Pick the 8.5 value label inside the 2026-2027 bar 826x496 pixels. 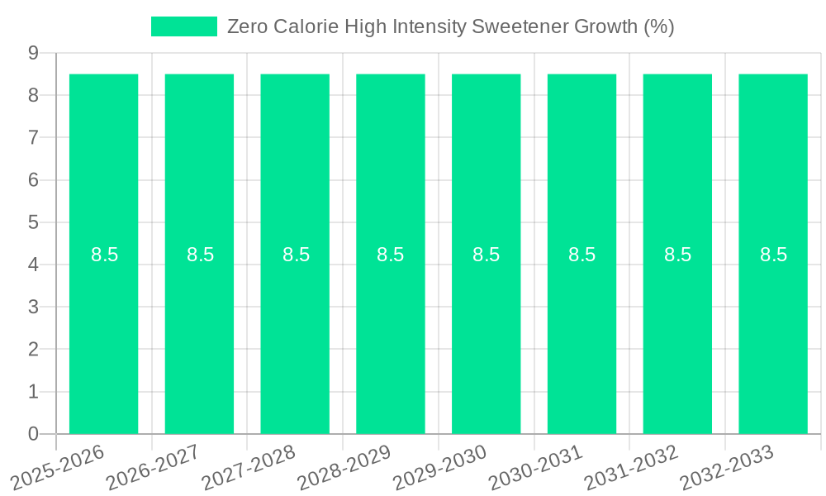200,255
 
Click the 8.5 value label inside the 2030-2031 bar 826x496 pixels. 582,255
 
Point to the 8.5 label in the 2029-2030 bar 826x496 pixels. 486,255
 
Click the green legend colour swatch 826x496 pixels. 183,26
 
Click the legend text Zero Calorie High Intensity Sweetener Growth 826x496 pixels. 450,26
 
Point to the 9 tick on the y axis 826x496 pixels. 34,53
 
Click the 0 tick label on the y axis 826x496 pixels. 34,434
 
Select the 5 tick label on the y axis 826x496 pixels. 34,222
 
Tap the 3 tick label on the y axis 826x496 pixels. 34,308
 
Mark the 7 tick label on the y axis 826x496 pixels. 34,138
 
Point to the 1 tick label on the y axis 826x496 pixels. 34,392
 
